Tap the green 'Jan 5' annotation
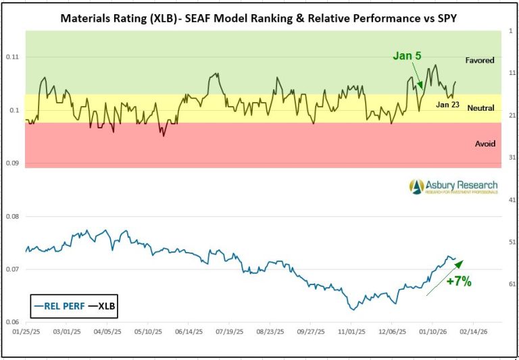[x=407, y=56]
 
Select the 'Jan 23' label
[x=448, y=105]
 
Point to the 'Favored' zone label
[x=480, y=61]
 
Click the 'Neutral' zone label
[x=480, y=108]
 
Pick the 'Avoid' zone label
[x=485, y=144]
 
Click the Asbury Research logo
[x=453, y=186]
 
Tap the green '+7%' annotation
[x=459, y=282]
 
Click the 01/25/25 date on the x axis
[x=26, y=332]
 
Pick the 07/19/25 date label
[x=228, y=332]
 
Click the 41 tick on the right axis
[x=511, y=200]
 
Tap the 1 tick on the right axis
[x=511, y=31]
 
